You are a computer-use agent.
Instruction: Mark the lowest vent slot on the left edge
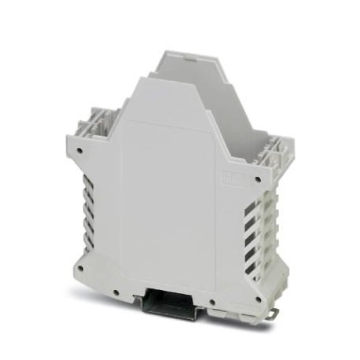[x=87, y=237]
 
